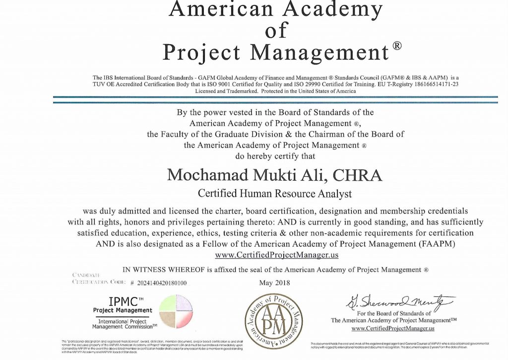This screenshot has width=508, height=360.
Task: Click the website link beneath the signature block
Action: (393, 328)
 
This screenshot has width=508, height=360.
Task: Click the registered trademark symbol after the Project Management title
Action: (397, 46)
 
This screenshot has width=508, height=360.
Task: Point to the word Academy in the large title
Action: (326, 8)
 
